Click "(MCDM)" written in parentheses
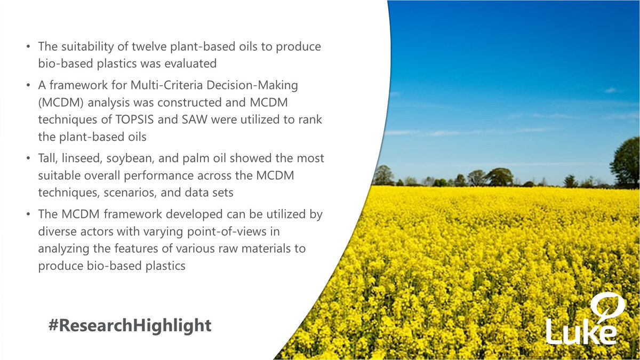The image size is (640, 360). tap(56, 102)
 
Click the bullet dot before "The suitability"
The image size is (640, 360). tap(28, 47)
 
